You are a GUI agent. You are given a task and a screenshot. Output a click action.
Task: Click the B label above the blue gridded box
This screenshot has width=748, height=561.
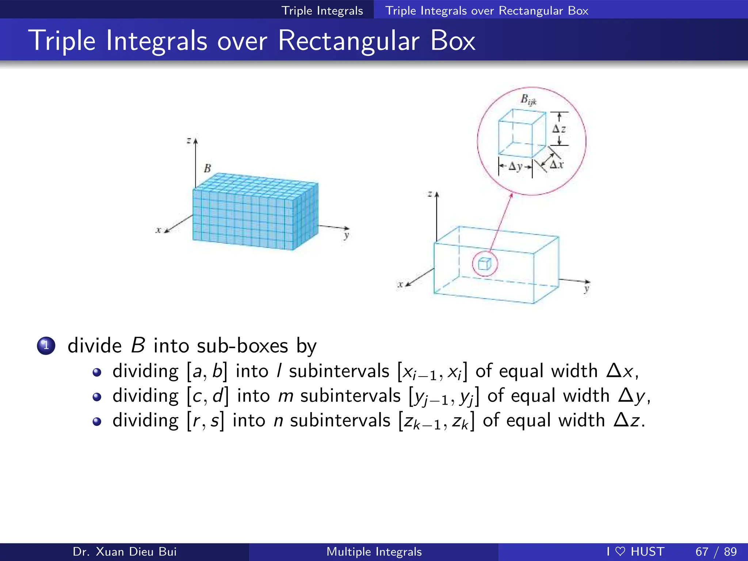point(207,168)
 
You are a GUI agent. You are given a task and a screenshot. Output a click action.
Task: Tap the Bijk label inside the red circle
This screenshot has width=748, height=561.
point(528,100)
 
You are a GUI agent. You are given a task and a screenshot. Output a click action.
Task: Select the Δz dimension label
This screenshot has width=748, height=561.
point(559,129)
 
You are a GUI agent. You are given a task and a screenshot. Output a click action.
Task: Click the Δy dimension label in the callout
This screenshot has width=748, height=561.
point(515,167)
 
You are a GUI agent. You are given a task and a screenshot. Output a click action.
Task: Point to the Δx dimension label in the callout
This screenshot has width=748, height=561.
point(557,165)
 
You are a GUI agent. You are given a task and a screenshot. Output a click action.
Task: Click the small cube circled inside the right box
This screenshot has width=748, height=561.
point(485,264)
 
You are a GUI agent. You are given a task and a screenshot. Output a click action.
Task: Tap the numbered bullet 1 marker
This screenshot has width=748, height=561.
point(46,346)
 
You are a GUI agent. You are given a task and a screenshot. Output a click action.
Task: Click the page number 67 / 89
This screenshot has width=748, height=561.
point(716,552)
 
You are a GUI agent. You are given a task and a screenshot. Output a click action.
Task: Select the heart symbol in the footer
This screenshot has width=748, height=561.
point(620,551)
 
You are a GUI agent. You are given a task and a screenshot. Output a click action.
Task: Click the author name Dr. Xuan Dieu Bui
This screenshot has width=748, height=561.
point(125,552)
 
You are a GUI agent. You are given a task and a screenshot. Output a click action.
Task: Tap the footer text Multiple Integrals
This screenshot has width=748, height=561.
point(374,552)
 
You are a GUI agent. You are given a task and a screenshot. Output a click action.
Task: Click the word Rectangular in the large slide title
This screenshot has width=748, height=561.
point(348,41)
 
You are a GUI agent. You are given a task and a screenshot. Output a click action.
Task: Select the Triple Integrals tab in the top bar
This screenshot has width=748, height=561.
point(322,11)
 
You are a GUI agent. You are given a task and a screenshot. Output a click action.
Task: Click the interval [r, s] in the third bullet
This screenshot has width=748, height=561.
point(206,421)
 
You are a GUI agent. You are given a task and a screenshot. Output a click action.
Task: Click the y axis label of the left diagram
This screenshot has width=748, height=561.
point(346,235)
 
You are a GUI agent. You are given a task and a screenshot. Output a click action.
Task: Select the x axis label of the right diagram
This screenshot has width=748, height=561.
point(401,284)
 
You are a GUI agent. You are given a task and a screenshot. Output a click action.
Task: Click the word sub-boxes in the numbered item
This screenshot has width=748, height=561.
point(243,346)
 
